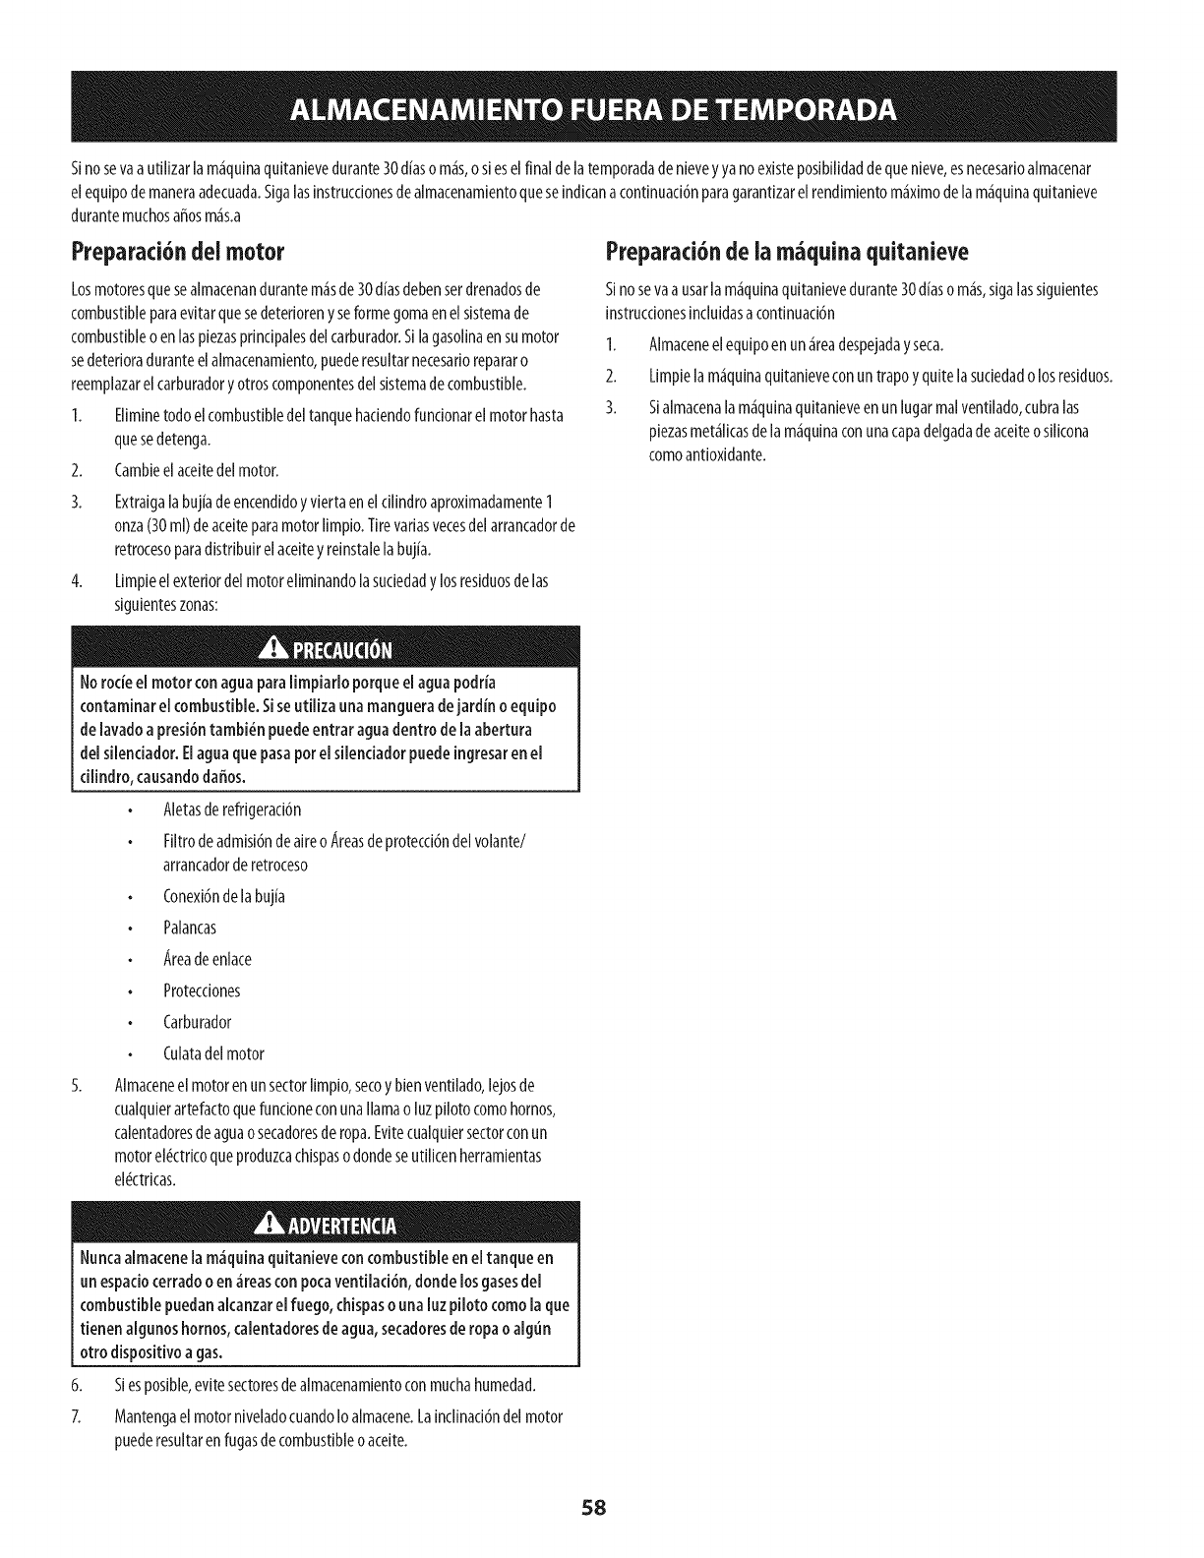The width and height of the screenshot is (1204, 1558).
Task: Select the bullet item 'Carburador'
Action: click(198, 1022)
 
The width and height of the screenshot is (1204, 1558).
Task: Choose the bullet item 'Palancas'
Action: click(190, 928)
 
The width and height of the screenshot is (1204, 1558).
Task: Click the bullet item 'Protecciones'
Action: click(202, 990)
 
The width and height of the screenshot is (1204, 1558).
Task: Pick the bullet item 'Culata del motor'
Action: click(213, 1053)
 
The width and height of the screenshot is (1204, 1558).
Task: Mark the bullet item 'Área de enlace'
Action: click(208, 959)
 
